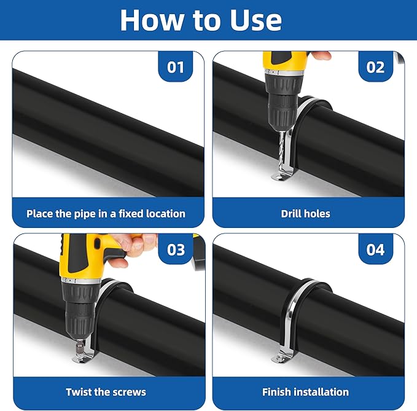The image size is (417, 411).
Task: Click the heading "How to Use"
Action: pos(201,20)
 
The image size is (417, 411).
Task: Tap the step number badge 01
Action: pos(176,66)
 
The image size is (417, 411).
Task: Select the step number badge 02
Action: pos(375,66)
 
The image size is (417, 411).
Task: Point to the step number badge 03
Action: pos(176,249)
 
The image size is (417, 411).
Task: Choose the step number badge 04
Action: pos(375,249)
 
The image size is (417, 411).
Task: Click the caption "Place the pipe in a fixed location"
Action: pos(106,214)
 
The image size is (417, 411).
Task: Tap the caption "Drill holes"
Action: pos(305,214)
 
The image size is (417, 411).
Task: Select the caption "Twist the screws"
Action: pos(106,391)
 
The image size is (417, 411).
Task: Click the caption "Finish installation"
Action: pos(305,391)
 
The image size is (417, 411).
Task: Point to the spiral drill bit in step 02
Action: pos(282,151)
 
